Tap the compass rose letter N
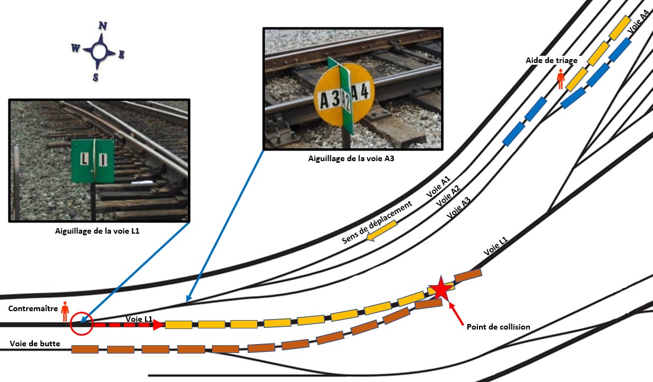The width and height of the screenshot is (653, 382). coord(103,26)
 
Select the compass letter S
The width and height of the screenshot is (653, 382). coord(96,77)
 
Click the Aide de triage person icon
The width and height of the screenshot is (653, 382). coord(561,79)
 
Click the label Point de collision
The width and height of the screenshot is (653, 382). coord(497,327)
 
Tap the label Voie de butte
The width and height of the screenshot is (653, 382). coord(34,344)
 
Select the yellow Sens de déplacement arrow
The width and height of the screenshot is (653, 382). coord(381,231)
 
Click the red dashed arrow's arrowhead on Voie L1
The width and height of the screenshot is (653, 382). coord(158,324)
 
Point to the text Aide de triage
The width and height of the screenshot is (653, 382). coord(551,60)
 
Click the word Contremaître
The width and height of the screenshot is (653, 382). coord(31,308)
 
